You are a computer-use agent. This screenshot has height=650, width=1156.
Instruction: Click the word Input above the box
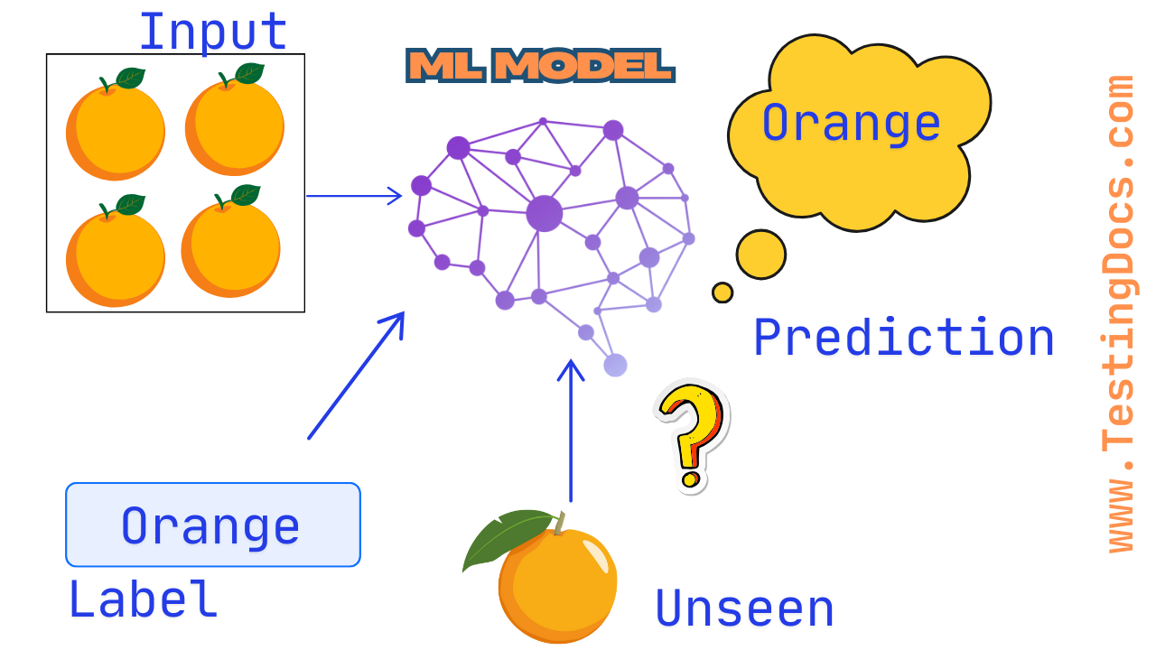pyautogui.click(x=213, y=32)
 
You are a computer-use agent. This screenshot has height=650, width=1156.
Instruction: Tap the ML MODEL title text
pyautogui.click(x=540, y=65)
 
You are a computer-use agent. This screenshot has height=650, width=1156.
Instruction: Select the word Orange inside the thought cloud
pyautogui.click(x=851, y=123)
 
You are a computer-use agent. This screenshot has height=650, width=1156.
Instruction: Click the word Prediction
pyautogui.click(x=904, y=339)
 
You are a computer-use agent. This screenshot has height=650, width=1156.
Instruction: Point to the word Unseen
pyautogui.click(x=744, y=608)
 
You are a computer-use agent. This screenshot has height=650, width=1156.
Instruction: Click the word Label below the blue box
pyautogui.click(x=143, y=599)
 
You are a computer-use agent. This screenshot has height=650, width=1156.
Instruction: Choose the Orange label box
pyautogui.click(x=212, y=525)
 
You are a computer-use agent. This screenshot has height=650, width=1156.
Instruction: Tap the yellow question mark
pyautogui.click(x=690, y=433)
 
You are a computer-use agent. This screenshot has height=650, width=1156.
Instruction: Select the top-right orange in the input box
pyautogui.click(x=235, y=125)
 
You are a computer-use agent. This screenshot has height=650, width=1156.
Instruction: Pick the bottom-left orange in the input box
pyautogui.click(x=115, y=255)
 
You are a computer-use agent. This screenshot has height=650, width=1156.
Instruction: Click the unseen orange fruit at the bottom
pyautogui.click(x=557, y=584)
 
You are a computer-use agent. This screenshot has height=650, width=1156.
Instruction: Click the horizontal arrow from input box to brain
pyautogui.click(x=353, y=195)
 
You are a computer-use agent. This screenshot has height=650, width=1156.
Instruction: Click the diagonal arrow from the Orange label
pyautogui.click(x=356, y=376)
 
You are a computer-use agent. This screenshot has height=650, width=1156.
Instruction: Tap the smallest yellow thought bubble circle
pyautogui.click(x=722, y=292)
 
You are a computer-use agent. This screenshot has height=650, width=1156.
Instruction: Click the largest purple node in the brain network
pyautogui.click(x=545, y=213)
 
